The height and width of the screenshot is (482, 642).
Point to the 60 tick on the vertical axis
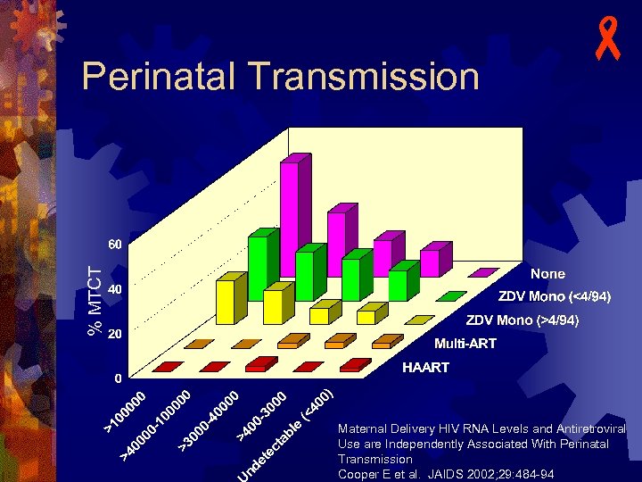[x=116, y=244]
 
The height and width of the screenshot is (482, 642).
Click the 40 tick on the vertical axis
[x=116, y=289]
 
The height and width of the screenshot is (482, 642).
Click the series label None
[x=547, y=273]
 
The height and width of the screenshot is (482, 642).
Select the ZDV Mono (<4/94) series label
[x=553, y=296]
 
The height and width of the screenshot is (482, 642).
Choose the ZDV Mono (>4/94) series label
[x=523, y=320]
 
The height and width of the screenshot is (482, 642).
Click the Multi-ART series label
[x=465, y=344]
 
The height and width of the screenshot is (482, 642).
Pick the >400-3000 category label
[x=261, y=418]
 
